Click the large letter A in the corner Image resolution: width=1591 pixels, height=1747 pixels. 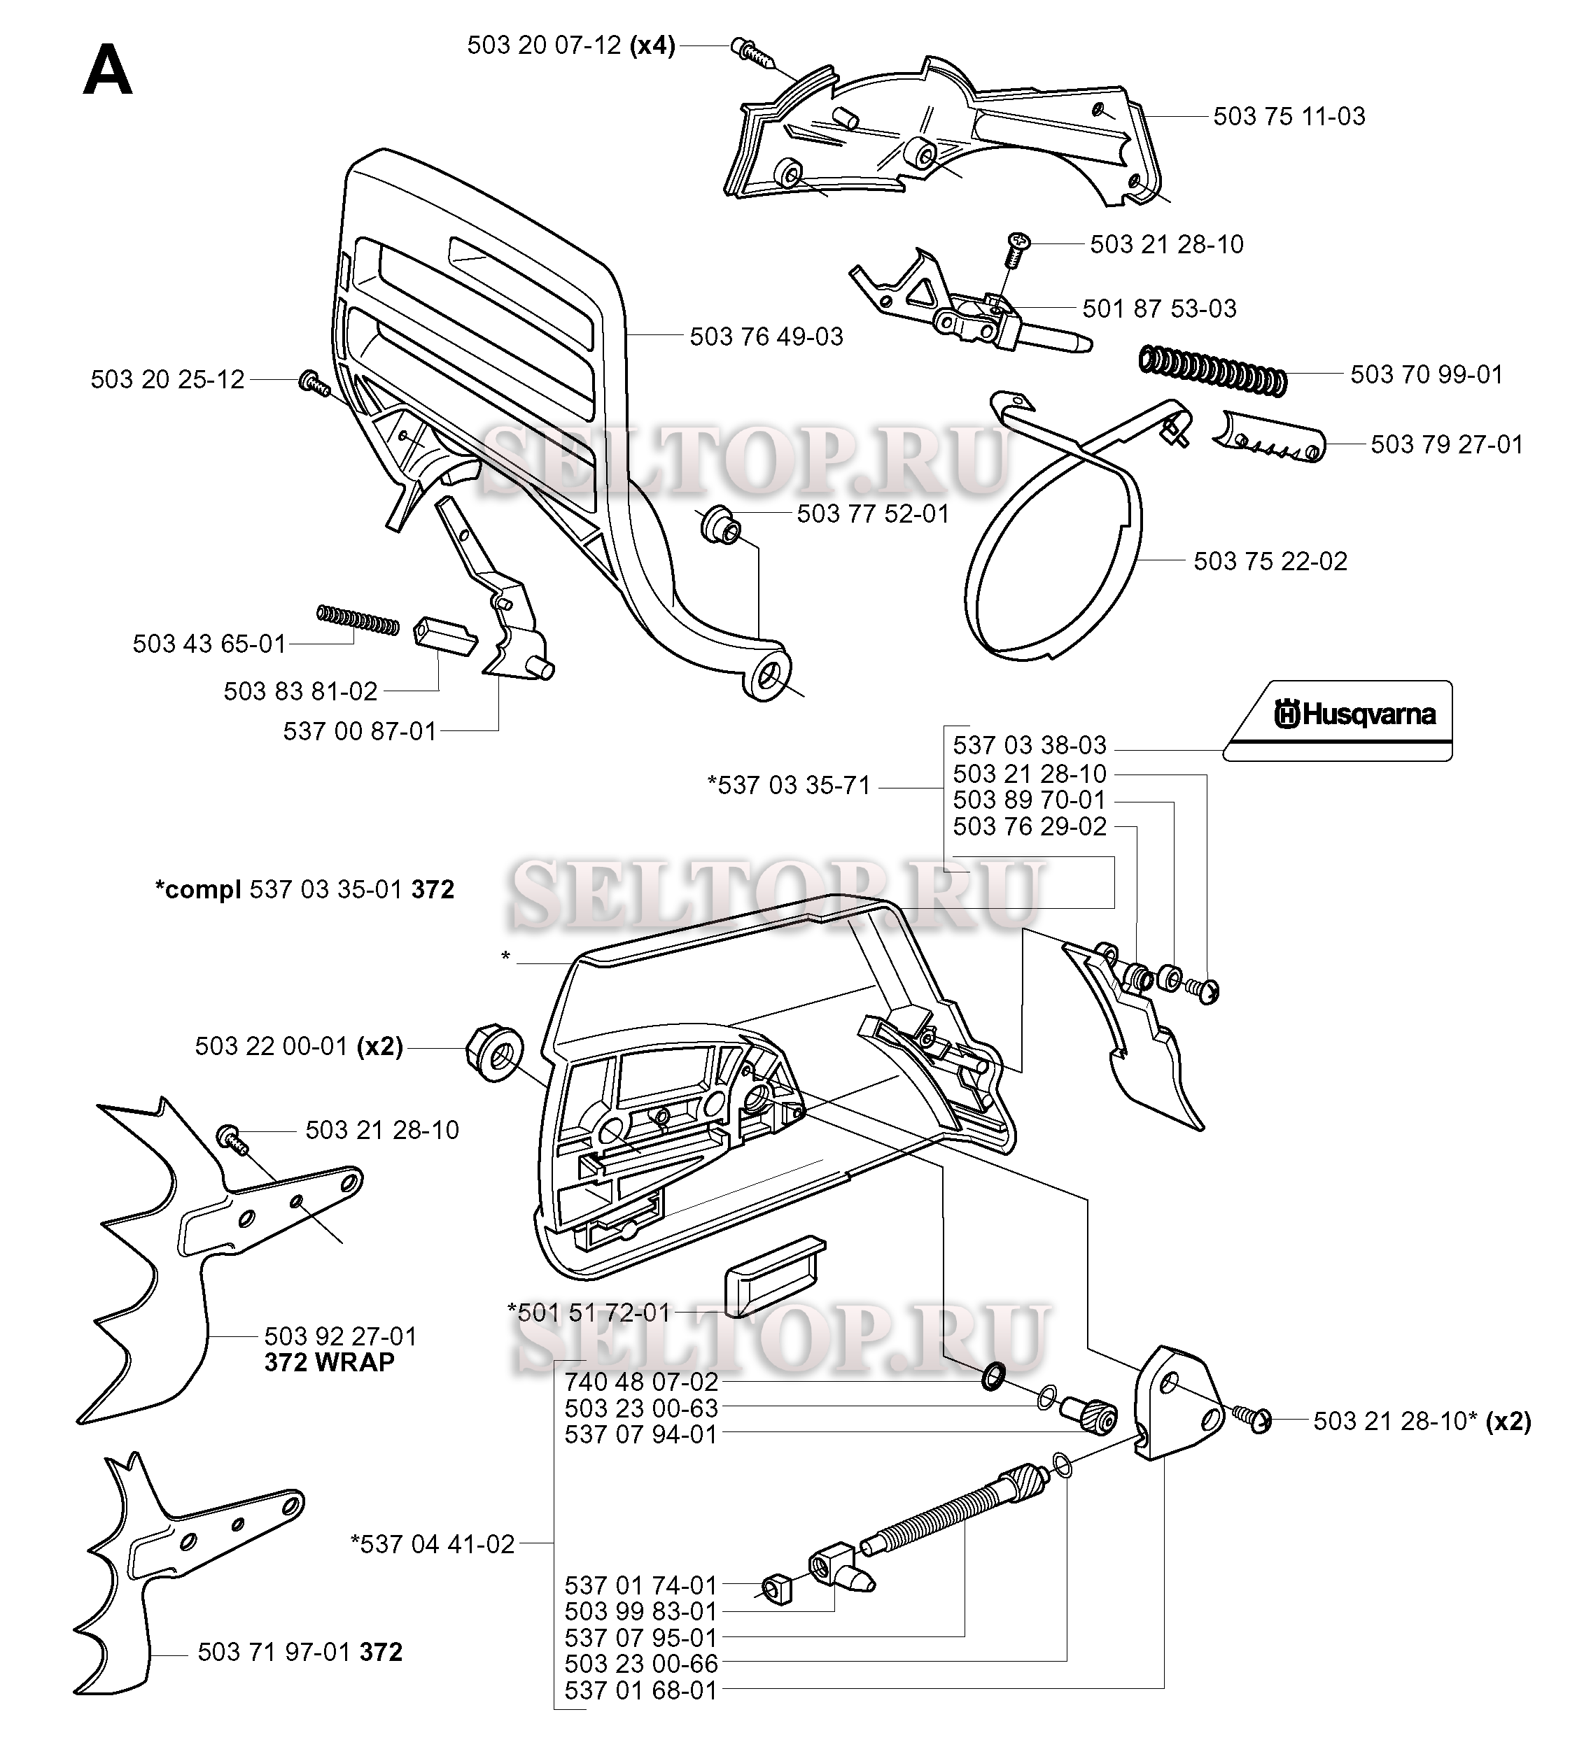pyautogui.click(x=108, y=71)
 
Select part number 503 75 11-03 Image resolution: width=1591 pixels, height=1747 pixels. pyautogui.click(x=1289, y=116)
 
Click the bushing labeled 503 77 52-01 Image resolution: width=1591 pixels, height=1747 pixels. pyautogui.click(x=720, y=523)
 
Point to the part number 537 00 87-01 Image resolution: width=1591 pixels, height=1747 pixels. pyautogui.click(x=360, y=731)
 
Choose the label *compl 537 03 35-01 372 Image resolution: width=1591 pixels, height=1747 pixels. pyautogui.click(x=304, y=889)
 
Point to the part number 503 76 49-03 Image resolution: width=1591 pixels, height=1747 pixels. pyautogui.click(x=766, y=337)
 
